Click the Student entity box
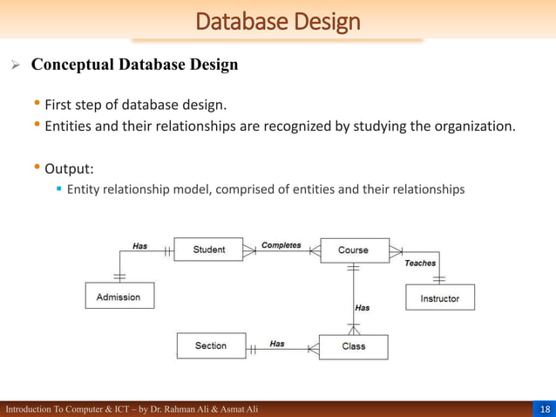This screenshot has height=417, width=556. pos(209,250)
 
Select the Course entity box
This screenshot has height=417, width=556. pos(353,250)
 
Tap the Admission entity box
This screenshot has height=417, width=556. pos(119,297)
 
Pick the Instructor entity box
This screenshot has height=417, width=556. pos(440,297)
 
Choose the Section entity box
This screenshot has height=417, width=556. pos(210,346)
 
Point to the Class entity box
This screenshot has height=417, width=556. pos(353,346)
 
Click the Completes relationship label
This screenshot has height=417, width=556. pos(281,245)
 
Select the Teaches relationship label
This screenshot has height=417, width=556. pos(420,263)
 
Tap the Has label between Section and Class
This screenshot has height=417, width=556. pos(276,344)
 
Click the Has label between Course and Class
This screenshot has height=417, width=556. pos(362,307)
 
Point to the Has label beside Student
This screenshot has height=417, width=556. pos(139,246)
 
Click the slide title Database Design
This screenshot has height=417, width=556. pos(278,20)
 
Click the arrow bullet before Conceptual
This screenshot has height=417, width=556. pos(14,65)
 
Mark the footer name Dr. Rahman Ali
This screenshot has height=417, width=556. pos(174,409)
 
